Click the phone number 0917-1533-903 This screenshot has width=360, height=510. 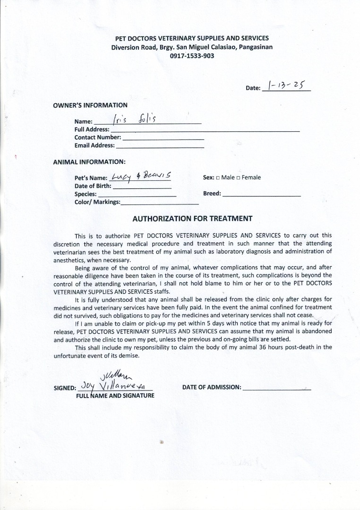(x=192, y=56)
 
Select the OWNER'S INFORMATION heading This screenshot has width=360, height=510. (x=90, y=105)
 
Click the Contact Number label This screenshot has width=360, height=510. (x=98, y=137)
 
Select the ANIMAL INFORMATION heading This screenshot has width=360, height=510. (x=89, y=162)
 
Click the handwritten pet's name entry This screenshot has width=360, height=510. (x=140, y=177)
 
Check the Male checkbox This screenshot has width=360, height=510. (x=218, y=178)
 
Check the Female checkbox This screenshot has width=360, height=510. (x=239, y=178)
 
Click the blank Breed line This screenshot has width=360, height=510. (x=261, y=195)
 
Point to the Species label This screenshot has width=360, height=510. (x=86, y=194)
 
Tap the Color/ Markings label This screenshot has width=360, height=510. (x=97, y=202)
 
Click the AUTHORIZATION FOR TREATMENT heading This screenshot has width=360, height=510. (x=192, y=219)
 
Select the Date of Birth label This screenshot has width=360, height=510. (x=93, y=186)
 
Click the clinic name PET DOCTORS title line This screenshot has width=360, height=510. (x=192, y=38)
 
